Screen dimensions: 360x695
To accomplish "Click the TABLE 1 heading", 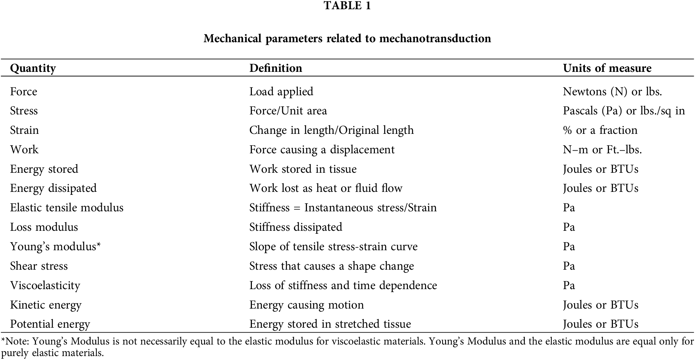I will (347, 6).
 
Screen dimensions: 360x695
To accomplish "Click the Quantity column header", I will (33, 68).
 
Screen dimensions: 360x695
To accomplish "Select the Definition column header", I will (276, 68).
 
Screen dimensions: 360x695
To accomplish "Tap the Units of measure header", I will (607, 68).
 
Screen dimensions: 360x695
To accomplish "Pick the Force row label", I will (24, 91).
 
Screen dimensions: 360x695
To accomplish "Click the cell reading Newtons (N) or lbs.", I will (612, 91).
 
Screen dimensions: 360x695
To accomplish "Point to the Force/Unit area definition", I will (288, 111).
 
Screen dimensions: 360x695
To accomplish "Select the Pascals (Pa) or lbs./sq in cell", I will (624, 111).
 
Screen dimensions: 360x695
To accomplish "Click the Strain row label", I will (24, 130).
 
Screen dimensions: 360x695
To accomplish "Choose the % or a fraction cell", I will (600, 130).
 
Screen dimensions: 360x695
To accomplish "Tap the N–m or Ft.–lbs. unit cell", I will (602, 150).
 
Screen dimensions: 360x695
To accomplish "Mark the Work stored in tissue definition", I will (303, 169).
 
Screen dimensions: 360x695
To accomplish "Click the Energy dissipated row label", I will (53, 188).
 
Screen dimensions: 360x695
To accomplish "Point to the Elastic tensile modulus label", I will (67, 208).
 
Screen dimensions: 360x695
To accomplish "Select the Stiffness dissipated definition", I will (295, 227).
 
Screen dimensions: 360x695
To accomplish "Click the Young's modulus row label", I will (55, 247).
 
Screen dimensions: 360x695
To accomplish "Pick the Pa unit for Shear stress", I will (569, 266).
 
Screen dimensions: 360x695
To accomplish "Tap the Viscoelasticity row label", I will (45, 285).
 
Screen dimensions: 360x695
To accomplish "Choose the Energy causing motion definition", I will (306, 305).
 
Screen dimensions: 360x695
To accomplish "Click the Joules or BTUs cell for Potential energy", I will (600, 324).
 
